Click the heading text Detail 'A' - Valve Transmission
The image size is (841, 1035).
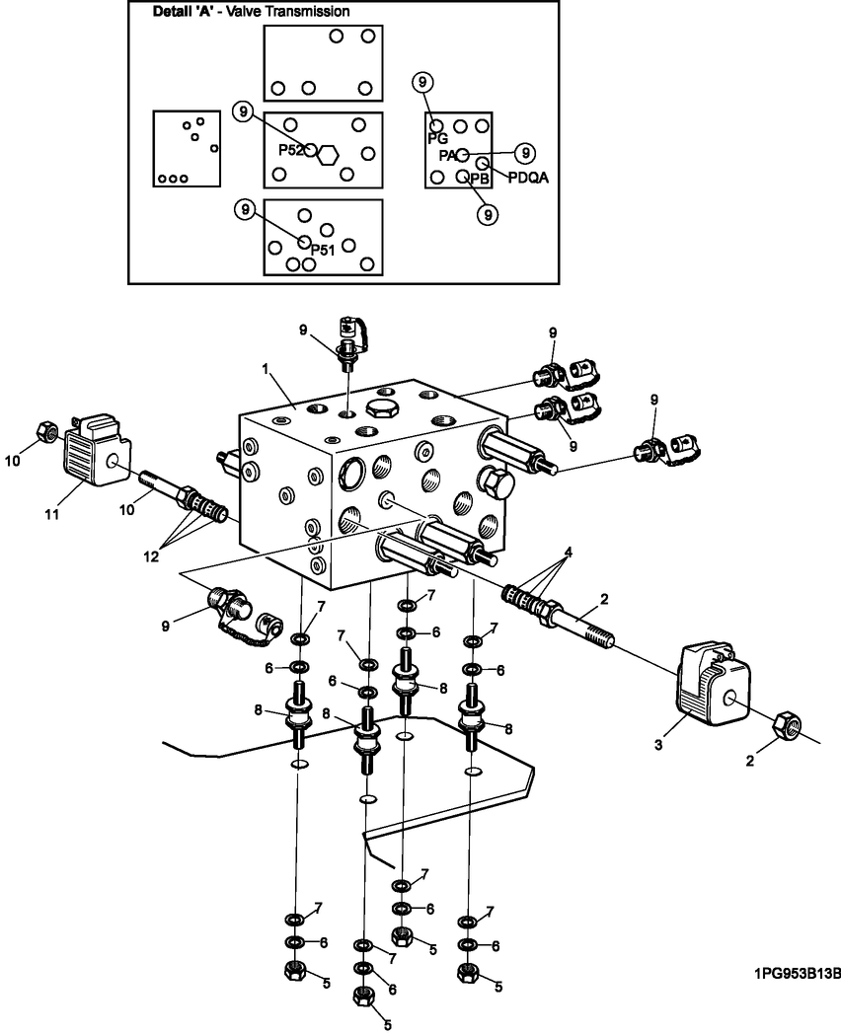(x=252, y=13)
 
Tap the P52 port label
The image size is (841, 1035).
(x=290, y=150)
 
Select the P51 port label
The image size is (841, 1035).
(x=324, y=250)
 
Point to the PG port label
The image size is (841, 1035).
(x=437, y=140)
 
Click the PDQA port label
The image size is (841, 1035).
(x=527, y=178)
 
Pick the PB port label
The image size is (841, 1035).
(x=480, y=179)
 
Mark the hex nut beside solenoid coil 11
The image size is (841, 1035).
(x=44, y=430)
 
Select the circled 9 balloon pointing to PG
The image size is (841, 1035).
(x=423, y=82)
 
